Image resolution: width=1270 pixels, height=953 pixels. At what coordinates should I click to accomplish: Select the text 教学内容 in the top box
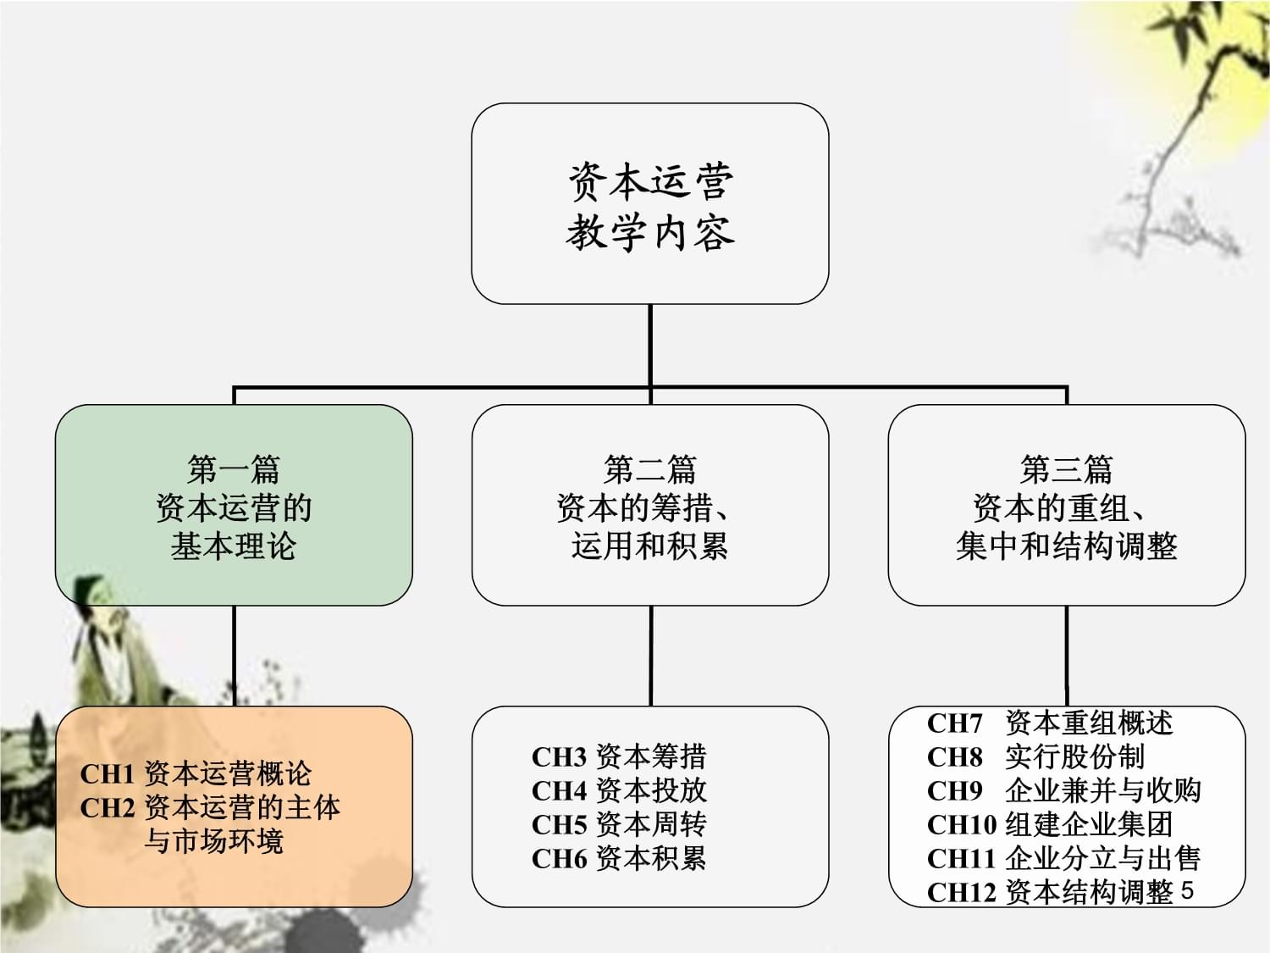coord(649,233)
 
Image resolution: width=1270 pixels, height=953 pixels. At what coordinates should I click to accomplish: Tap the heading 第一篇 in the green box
coord(234,468)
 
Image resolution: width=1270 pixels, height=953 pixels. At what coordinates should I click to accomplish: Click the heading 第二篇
coord(649,468)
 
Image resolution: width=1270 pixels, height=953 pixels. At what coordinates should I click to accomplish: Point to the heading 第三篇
coord(1066,468)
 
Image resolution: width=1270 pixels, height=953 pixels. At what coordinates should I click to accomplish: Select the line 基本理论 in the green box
coord(234,546)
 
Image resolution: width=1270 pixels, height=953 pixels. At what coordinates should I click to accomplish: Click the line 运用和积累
coord(649,546)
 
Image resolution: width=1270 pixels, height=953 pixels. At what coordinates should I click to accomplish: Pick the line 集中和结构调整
coord(1066,546)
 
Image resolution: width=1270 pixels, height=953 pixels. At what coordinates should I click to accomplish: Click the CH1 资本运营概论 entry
coord(196,773)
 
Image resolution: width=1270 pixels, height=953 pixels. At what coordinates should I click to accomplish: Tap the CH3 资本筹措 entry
coord(619,756)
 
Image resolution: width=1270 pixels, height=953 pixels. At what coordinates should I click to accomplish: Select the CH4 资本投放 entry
coord(619,790)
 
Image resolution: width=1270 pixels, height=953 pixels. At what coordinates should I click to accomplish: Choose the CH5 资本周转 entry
coord(619,824)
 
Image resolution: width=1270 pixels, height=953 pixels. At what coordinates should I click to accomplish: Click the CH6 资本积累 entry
coord(619,858)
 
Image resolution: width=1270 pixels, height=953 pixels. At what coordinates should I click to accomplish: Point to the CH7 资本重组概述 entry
coord(1050,723)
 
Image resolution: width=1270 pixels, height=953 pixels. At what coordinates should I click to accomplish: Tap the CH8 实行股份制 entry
coord(1035,756)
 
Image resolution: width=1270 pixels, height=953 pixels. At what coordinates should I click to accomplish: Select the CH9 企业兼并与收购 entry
coord(1064,790)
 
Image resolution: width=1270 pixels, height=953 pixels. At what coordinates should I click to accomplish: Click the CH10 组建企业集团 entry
coord(1050,824)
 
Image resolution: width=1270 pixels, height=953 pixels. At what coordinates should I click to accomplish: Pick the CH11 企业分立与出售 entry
coord(1064,858)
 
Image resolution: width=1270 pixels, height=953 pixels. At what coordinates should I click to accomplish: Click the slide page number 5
coord(1187,890)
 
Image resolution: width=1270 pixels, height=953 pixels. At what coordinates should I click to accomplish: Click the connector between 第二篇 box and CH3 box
coord(650,656)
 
